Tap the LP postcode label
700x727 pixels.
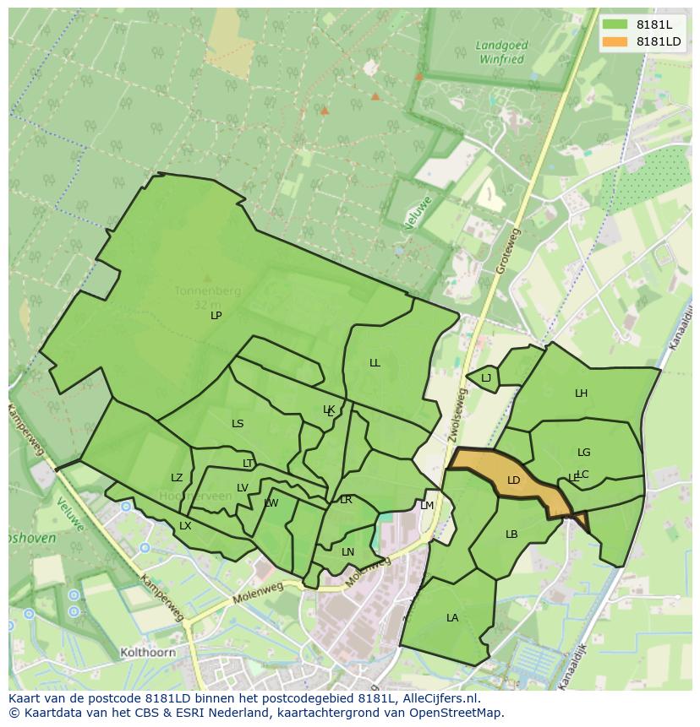216,316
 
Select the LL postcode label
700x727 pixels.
375,363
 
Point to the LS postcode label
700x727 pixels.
238,424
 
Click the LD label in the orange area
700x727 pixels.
513,480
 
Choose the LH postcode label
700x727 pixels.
581,393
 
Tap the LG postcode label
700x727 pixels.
583,453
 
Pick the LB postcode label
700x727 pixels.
511,534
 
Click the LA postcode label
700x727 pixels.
452,618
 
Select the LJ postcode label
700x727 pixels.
486,378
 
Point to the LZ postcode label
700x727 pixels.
177,478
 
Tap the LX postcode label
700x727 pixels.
185,526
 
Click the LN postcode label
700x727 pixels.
347,552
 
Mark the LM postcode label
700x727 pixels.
427,506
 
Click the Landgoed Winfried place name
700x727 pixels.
501,53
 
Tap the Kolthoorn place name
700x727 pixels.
148,653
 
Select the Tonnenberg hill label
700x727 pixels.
207,291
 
